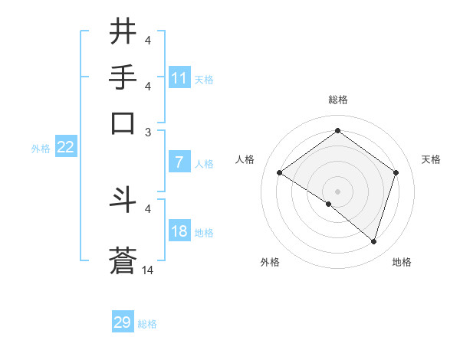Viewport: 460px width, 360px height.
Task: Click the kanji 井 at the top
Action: [x=123, y=32]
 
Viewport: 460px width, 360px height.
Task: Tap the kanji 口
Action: [x=123, y=123]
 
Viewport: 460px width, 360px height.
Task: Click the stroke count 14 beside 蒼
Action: [x=148, y=270]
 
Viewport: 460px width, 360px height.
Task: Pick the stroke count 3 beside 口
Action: [x=148, y=131]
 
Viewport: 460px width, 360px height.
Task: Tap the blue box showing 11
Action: [x=179, y=78]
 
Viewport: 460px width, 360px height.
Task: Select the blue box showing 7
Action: [x=179, y=162]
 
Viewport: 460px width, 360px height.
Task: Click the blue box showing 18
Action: [x=179, y=231]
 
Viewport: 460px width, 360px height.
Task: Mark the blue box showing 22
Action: [x=65, y=148]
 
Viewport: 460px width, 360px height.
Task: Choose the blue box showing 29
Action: [x=123, y=322]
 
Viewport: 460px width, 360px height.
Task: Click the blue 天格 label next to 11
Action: [x=204, y=80]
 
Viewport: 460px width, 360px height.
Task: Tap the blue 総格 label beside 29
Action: [x=147, y=324]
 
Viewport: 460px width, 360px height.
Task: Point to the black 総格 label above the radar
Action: [x=337, y=100]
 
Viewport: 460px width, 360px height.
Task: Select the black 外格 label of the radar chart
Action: [x=270, y=262]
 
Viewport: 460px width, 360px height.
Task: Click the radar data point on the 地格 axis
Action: [x=374, y=242]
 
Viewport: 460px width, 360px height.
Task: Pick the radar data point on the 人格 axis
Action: [x=280, y=173]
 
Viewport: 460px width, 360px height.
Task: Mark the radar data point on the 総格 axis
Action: [x=337, y=131]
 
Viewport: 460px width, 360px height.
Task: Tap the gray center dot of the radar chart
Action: [x=337, y=191]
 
